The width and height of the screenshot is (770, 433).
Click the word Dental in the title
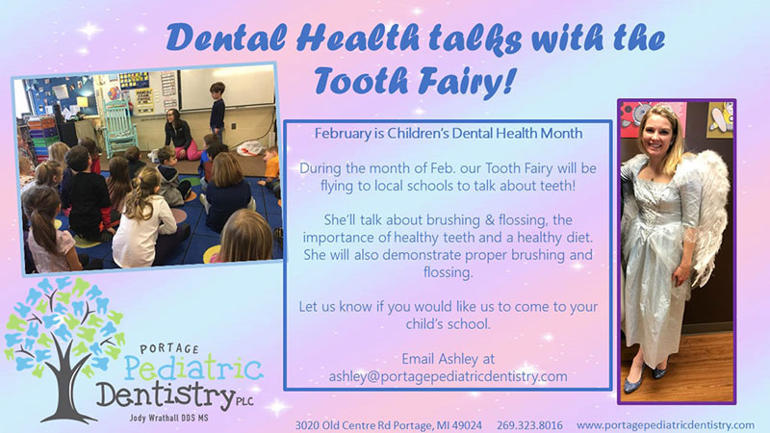pos(226,38)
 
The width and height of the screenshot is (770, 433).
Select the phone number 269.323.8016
pos(529,425)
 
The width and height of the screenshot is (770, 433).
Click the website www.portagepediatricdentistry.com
pos(665,425)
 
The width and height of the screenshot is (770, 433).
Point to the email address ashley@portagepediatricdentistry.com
pos(448,376)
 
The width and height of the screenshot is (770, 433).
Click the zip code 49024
pos(467,425)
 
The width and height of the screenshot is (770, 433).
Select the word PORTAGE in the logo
pos(169,348)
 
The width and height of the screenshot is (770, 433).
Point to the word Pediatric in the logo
pos(193,369)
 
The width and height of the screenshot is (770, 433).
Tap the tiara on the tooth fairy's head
pos(664,109)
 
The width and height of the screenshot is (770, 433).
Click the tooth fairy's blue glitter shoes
pos(644,377)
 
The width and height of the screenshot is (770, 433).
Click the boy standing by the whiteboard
pos(217,112)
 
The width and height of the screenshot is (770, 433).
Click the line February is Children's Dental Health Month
pos(449,134)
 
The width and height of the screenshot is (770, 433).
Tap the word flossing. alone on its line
pos(448,272)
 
